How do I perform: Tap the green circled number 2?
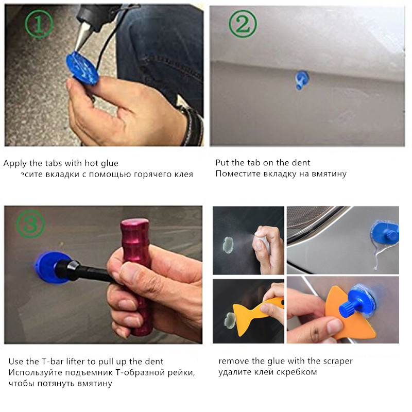click(243, 25)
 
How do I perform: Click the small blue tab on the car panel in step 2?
click(300, 79)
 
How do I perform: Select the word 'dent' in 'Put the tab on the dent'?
click(301, 163)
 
